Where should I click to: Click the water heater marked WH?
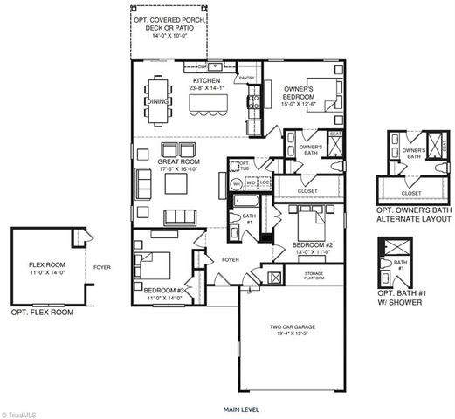pos(236,183)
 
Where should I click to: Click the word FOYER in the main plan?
pos(231,259)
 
